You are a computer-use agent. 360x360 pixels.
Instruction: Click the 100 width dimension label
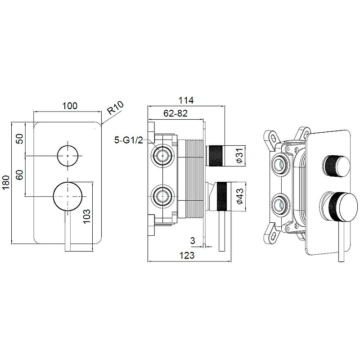click(70, 106)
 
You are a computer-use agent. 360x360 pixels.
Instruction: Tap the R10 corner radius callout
click(116, 108)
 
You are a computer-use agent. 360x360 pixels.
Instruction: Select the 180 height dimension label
click(6, 182)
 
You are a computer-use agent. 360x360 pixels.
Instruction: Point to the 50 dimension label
click(20, 139)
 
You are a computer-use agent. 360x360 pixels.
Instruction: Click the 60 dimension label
click(20, 175)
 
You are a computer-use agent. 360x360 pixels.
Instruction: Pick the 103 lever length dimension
click(86, 217)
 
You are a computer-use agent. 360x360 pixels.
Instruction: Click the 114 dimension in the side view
click(186, 100)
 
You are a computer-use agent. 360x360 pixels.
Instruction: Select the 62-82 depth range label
click(175, 113)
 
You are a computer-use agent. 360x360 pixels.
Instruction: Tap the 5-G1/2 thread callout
click(129, 140)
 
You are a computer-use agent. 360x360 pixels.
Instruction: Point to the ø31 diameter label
click(239, 156)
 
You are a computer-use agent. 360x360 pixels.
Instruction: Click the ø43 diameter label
click(239, 196)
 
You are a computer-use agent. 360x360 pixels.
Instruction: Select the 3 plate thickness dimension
click(193, 241)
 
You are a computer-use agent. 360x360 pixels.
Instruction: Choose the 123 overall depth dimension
click(187, 255)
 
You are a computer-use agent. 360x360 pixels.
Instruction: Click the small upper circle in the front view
click(68, 156)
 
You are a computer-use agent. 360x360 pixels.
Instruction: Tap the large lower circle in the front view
click(68, 196)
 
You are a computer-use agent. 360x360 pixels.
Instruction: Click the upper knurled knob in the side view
click(215, 155)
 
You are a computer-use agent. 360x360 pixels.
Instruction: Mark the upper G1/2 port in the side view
click(162, 155)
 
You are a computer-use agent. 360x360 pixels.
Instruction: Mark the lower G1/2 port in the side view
click(162, 196)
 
